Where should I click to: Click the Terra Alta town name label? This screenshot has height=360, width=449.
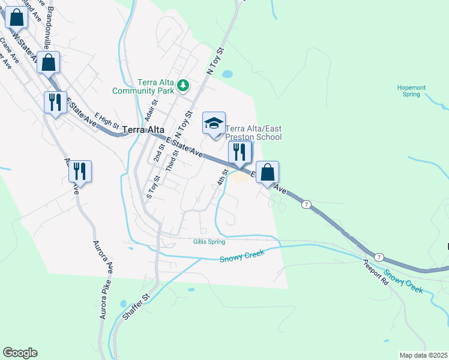pyautogui.click(x=143, y=130)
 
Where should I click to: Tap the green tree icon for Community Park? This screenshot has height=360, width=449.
pyautogui.click(x=183, y=87)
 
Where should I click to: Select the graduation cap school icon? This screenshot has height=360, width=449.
pyautogui.click(x=214, y=124)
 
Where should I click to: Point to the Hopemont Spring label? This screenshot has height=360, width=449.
pyautogui.click(x=412, y=91)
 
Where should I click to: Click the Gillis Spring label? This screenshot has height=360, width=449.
pyautogui.click(x=209, y=242)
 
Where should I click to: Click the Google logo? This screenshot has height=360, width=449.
pyautogui.click(x=20, y=353)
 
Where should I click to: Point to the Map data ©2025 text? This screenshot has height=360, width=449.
pyautogui.click(x=423, y=355)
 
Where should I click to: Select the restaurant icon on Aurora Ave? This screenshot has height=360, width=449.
pyautogui.click(x=79, y=172)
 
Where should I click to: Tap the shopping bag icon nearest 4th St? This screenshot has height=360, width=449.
pyautogui.click(x=268, y=173)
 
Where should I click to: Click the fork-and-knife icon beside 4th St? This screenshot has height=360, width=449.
pyautogui.click(x=239, y=152)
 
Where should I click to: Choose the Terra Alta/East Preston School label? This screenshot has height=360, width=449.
pyautogui.click(x=253, y=133)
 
